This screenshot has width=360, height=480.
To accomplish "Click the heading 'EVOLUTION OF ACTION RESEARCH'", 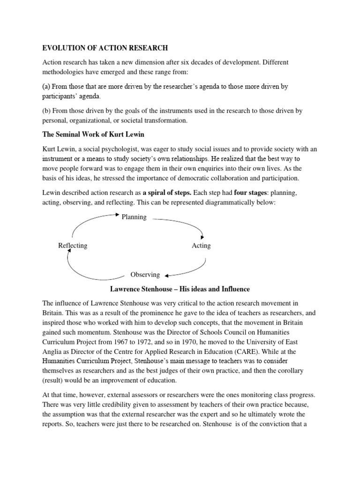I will coord(105,48).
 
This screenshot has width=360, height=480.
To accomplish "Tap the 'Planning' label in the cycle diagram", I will coord(134,217).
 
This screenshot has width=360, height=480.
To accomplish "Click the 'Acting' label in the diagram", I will coord(201,246).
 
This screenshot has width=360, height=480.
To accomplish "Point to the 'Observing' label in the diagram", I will coord(145,275).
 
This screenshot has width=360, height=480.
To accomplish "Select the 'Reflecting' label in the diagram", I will coord(73,246).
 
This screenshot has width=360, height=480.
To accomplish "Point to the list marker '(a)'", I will coord(47,86).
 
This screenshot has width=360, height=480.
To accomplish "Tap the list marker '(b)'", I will coord(47,111).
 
